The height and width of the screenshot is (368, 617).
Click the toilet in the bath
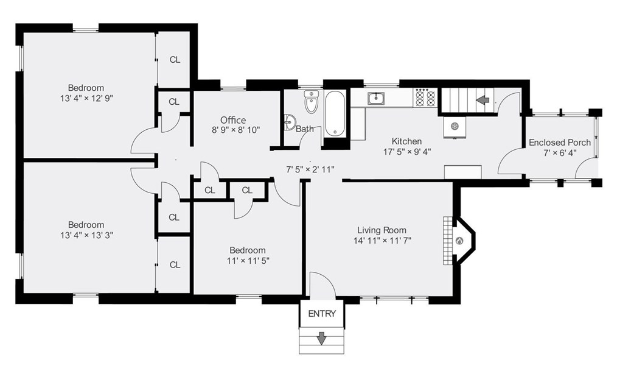click(x=312, y=102)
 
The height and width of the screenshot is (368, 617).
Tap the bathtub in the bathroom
click(x=335, y=115)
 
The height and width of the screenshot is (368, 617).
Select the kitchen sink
click(x=376, y=98)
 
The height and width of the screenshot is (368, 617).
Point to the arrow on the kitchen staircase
click(x=483, y=100)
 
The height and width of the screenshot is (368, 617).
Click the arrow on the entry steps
click(x=322, y=338)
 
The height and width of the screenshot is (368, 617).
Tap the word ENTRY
click(x=322, y=314)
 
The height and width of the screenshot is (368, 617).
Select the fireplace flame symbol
click(x=459, y=240)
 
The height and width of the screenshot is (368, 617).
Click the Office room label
click(x=233, y=120)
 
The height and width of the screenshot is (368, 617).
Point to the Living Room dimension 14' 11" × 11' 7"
click(x=382, y=240)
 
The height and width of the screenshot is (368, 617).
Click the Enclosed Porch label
click(x=560, y=142)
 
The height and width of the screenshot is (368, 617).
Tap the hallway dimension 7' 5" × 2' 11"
click(x=310, y=169)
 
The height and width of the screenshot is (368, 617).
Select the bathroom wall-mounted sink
click(x=290, y=122)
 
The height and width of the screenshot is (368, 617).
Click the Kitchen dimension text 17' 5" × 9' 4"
click(x=407, y=152)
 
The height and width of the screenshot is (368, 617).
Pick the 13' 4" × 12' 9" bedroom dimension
click(x=86, y=98)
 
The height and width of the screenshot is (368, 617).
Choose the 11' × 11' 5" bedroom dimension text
click(x=248, y=260)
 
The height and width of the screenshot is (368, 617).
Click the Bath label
click(x=305, y=129)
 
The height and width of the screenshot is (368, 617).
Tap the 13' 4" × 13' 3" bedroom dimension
click(x=86, y=235)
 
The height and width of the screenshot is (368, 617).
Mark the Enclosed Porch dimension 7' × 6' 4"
click(x=560, y=153)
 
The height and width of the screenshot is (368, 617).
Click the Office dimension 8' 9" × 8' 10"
click(x=235, y=130)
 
